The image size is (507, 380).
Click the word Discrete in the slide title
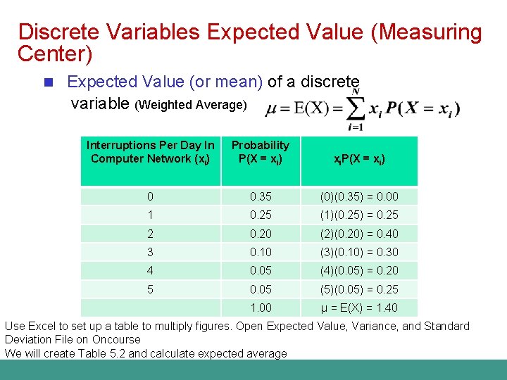pos(60,32)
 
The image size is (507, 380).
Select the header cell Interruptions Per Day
pos(151,152)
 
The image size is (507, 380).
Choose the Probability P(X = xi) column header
pos(261,152)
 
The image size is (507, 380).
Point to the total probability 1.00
pos(261,308)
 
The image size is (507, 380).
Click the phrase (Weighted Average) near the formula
pos(191,105)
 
